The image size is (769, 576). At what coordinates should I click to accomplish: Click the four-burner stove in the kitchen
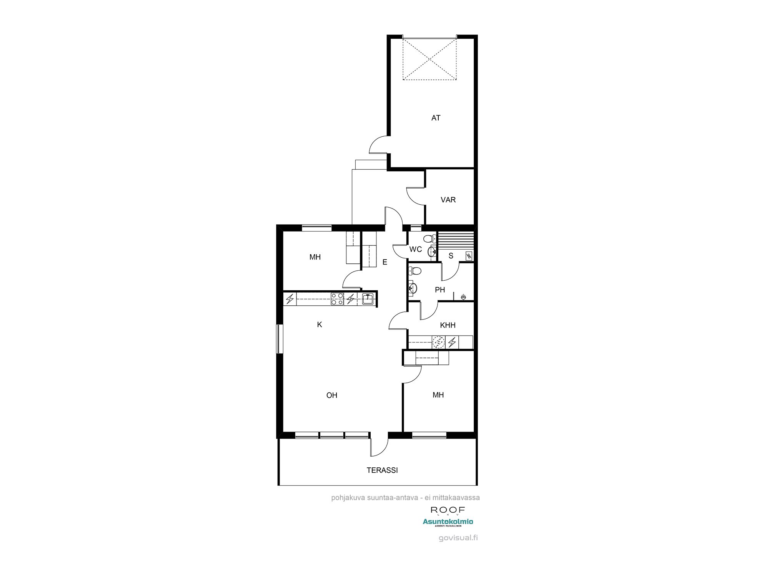pyautogui.click(x=337, y=299)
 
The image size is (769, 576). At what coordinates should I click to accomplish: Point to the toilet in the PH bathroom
pyautogui.click(x=415, y=271)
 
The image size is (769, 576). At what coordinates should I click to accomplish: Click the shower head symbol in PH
pyautogui.click(x=463, y=296)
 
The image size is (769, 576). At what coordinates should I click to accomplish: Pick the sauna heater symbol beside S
pyautogui.click(x=469, y=256)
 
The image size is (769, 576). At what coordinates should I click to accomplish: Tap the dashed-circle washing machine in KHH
pyautogui.click(x=438, y=342)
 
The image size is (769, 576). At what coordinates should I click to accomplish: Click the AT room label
pyautogui.click(x=436, y=118)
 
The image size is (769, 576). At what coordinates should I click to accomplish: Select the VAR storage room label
pyautogui.click(x=448, y=200)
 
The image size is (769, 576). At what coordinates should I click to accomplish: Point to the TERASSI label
pyautogui.click(x=382, y=470)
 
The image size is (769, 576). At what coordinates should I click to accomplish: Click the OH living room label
pyautogui.click(x=331, y=395)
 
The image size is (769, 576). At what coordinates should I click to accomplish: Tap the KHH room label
pyautogui.click(x=448, y=326)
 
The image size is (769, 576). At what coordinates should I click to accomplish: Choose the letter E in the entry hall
pyautogui.click(x=384, y=262)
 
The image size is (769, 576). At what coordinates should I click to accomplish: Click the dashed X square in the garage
pyautogui.click(x=429, y=58)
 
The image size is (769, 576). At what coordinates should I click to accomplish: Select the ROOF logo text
pyautogui.click(x=448, y=510)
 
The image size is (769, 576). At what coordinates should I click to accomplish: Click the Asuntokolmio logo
pyautogui.click(x=448, y=522)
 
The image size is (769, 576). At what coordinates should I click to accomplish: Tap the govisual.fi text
pyautogui.click(x=458, y=538)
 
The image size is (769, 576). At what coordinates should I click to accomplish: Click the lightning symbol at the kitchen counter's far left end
pyautogui.click(x=290, y=298)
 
